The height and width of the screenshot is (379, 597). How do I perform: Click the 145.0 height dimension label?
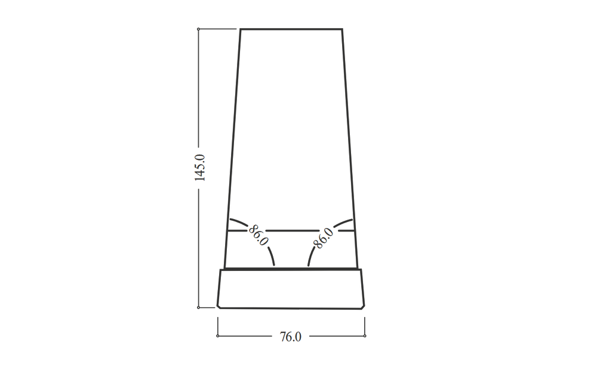(200, 168)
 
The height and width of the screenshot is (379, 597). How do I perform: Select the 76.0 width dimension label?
(291, 337)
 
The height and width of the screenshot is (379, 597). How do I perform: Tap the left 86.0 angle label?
(259, 235)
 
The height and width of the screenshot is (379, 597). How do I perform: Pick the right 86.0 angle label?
(323, 238)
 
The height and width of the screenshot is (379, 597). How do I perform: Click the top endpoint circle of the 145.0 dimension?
(198, 29)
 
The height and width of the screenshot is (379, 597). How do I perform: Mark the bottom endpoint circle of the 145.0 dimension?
(198, 307)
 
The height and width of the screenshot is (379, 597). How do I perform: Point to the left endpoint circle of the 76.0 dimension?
(218, 335)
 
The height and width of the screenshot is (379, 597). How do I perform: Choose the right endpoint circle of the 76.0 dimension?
(365, 335)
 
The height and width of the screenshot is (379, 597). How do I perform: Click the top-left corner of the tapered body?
(241, 29)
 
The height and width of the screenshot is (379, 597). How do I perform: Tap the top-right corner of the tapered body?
(342, 29)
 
